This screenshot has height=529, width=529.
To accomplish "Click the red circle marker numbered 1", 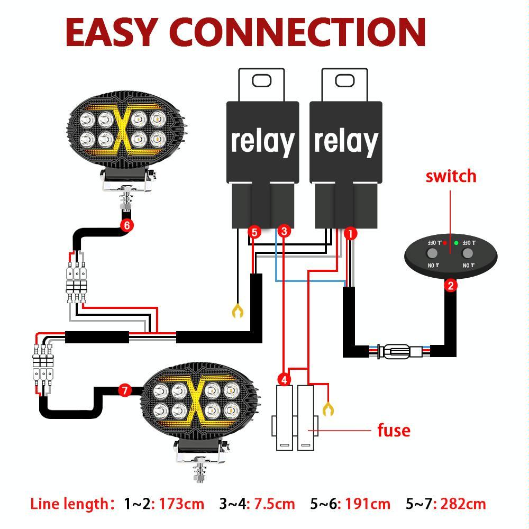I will point(350,233).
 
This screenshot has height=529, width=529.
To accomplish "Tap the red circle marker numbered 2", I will point(450,286).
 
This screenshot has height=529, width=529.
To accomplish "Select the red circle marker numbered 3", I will point(284,231).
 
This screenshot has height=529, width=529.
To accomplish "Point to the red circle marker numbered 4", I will point(284,380).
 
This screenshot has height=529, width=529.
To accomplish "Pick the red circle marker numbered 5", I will point(254,232).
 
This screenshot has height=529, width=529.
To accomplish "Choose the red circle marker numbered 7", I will point(124,391).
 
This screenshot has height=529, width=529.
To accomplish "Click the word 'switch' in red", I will point(451,176).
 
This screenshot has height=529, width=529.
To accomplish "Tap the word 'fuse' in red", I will point(394,430).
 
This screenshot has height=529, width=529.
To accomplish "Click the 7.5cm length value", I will point(274,504).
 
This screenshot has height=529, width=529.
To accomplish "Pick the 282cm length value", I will point(462,504).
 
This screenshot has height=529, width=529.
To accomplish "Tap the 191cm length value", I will point(367,504).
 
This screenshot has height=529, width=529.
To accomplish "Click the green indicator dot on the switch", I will point(456,243).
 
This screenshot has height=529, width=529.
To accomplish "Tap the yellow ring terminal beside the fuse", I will point(329,409).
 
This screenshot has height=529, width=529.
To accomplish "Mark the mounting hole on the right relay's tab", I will point(344,80).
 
